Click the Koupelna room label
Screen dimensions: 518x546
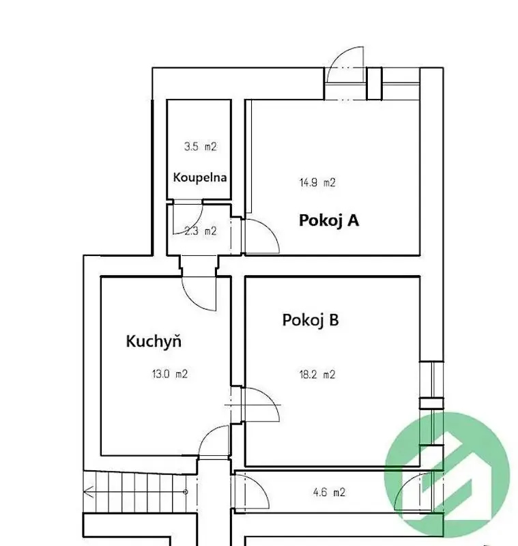coord(200,177)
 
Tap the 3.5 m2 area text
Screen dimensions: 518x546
coord(201,147)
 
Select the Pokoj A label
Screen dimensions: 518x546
coord(329,220)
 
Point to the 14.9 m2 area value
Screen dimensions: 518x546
coord(317,183)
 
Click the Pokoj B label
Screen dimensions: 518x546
coord(311,320)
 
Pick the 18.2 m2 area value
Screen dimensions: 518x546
coord(317,375)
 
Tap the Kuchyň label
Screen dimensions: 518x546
coord(154,341)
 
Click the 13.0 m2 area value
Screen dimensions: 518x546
coord(170,374)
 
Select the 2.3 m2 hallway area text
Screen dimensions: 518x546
coord(201,231)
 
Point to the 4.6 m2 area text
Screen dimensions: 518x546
coord(330,492)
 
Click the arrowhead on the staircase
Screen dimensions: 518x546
coord(89,491)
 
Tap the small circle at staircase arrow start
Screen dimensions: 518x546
coord(186,492)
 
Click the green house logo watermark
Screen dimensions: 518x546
coord(447,474)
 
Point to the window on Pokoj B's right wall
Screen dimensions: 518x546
coord(431,403)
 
